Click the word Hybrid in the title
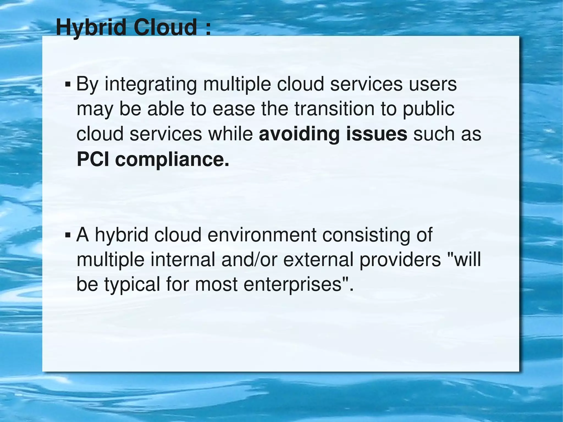tap(91, 28)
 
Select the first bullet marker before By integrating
tap(67, 85)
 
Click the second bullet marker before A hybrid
tap(67, 236)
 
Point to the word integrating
tap(151, 85)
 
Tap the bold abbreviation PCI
tap(93, 159)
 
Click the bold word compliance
tap(172, 160)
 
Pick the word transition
tap(335, 109)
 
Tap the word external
tap(318, 260)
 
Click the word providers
tap(400, 260)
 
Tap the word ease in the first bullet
tap(234, 109)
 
